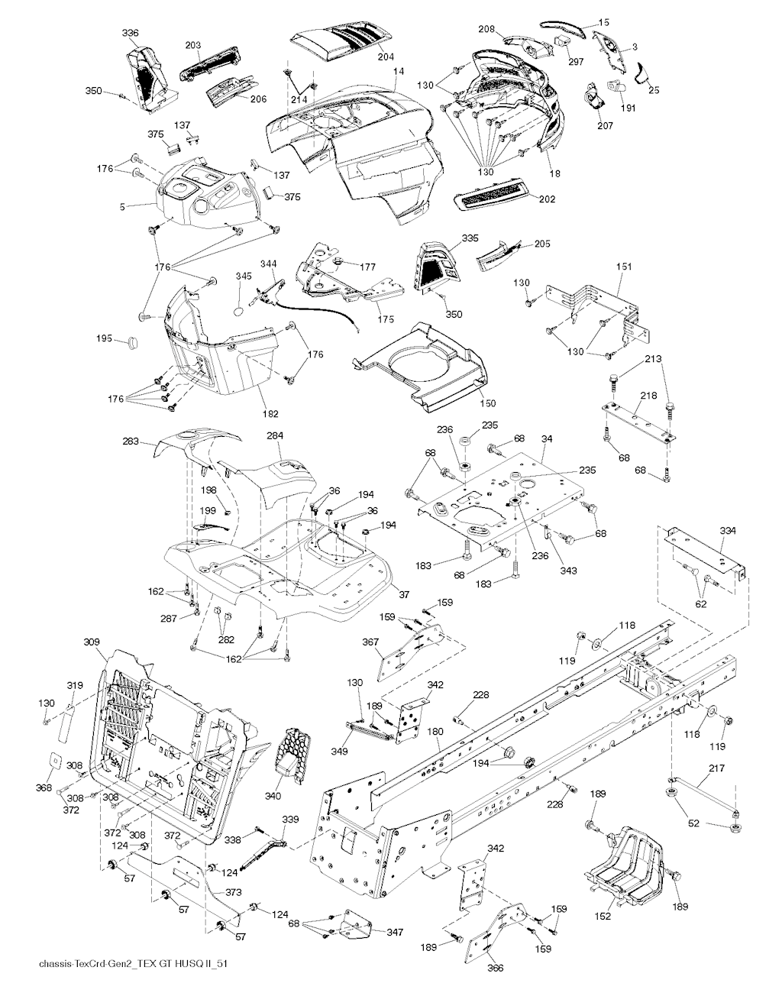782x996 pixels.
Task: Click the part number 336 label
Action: pos(131,33)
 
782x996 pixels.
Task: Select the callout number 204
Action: pos(387,56)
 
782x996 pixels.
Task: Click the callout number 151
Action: pos(624,267)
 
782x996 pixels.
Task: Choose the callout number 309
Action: pos(92,642)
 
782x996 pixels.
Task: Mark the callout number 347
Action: pos(395,932)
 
